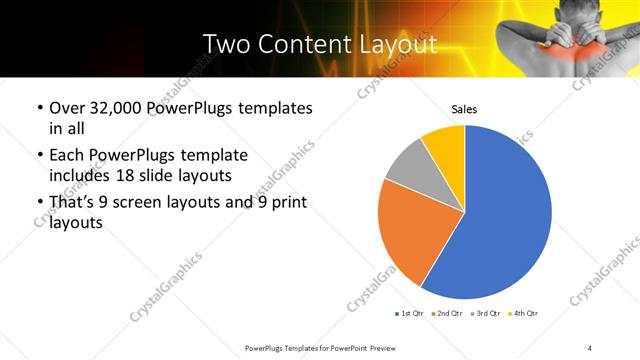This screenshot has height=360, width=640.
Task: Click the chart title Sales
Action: tap(464, 109)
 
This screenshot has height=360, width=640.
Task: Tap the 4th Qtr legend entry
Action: tap(525, 314)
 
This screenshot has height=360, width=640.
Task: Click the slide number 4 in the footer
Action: tap(590, 346)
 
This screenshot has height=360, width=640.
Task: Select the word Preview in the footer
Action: tap(378, 346)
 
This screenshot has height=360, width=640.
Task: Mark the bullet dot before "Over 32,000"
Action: tap(39, 109)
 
